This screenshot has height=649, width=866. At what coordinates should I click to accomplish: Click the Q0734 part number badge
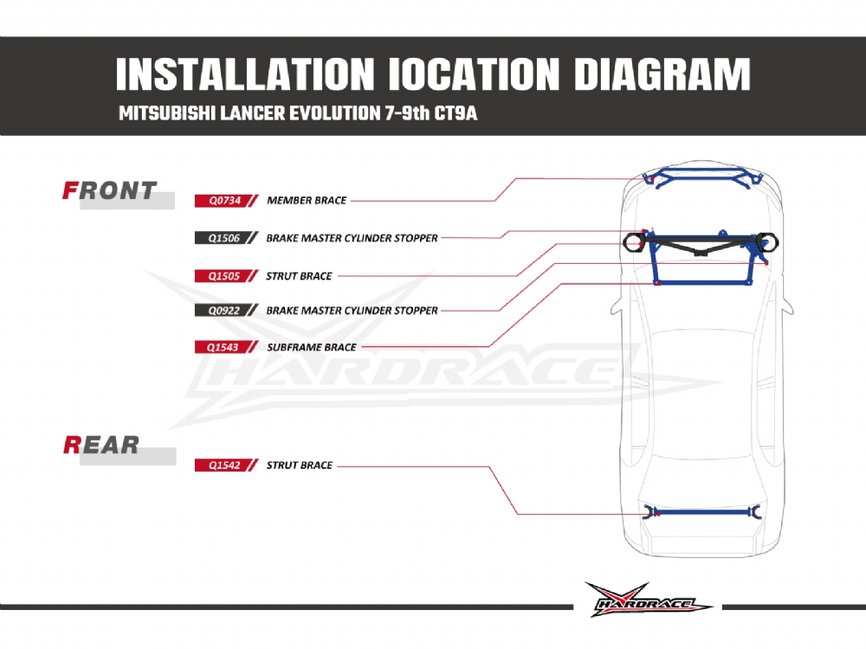223,200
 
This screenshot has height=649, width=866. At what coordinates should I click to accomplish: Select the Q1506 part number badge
223,237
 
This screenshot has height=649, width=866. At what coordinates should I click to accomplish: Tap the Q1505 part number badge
223,276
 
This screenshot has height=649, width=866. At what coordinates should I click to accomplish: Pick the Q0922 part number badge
223,310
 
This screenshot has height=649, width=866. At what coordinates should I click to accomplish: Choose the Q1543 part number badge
223,347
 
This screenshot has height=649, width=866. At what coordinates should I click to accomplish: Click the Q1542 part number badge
223,465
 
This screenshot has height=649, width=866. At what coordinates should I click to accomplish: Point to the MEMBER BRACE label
307,200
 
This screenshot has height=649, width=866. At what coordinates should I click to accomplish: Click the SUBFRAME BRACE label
312,347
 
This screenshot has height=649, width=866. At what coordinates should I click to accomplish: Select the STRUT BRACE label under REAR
300,465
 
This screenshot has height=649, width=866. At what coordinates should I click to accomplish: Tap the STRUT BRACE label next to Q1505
300,276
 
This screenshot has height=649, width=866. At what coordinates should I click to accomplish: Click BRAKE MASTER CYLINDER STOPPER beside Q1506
352,237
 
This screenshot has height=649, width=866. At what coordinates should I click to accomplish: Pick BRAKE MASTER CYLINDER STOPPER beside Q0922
352,310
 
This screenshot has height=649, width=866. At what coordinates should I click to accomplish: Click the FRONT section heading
110,190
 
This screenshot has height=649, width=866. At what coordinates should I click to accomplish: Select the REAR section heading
101,445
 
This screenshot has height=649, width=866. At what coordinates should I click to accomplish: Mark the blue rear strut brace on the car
701,511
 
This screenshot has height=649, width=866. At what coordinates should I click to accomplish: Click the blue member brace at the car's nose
701,178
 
